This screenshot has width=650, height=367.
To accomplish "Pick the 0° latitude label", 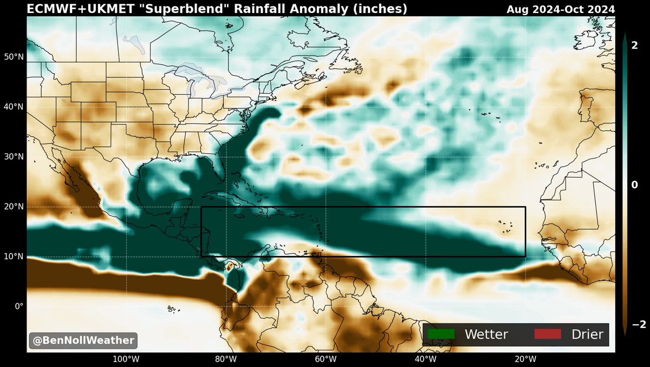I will point(18,306).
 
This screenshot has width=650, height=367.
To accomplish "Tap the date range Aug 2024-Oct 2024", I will point(561,9).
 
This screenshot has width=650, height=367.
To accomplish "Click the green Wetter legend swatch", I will point(440,334).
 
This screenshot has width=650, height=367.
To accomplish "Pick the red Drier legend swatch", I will point(547,334).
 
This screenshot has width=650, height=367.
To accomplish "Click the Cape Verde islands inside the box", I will point(505,227).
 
